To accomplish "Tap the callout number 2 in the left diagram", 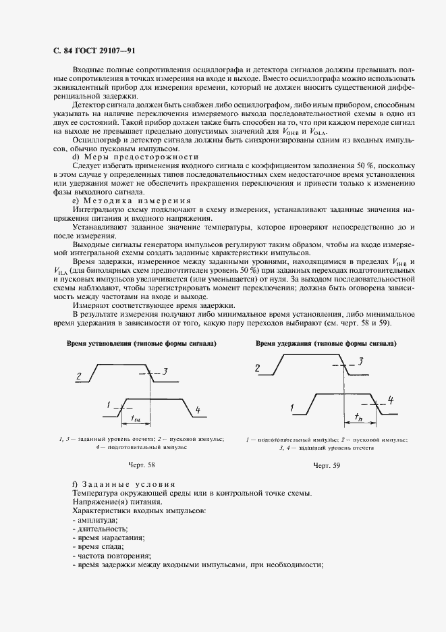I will pyautogui.click(x=80, y=377).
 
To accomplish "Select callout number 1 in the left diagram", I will pyautogui.click(x=108, y=404).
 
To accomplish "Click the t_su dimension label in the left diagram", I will pyautogui.click(x=135, y=419).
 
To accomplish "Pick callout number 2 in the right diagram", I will pyautogui.click(x=257, y=368).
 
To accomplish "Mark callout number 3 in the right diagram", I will pyautogui.click(x=361, y=361).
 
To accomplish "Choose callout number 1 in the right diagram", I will pyautogui.click(x=291, y=408).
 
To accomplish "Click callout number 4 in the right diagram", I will pyautogui.click(x=391, y=400).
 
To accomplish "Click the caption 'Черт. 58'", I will pyautogui.click(x=141, y=465).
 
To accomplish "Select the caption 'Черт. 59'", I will pyautogui.click(x=327, y=465).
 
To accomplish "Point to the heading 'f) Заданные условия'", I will pyautogui.click(x=123, y=484).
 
